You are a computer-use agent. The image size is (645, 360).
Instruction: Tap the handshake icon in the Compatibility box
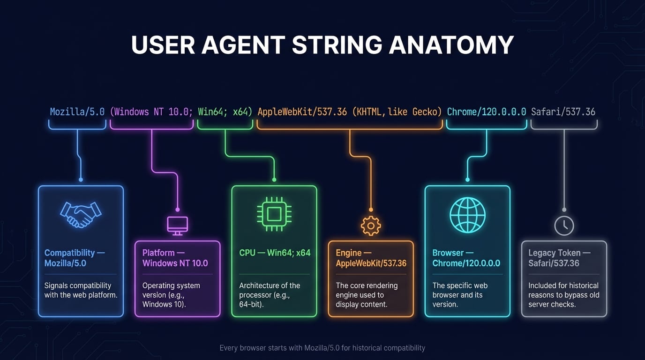(x=81, y=214)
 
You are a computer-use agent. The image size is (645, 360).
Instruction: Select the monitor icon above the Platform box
(x=178, y=225)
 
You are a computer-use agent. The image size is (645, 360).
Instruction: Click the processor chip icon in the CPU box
(x=274, y=214)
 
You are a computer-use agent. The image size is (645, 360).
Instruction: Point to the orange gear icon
(x=371, y=225)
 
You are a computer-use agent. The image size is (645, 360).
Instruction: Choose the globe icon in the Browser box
(x=467, y=215)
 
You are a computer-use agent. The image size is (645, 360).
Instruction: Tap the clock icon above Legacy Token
(x=564, y=226)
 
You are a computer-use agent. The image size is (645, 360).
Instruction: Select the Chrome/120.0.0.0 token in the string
(x=487, y=112)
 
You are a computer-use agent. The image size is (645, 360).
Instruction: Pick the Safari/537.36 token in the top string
(x=563, y=112)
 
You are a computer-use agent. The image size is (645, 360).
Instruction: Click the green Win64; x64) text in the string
(x=225, y=112)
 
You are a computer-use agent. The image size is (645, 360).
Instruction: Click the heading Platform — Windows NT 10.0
(x=175, y=258)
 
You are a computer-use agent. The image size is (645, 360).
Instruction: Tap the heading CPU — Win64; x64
(x=275, y=253)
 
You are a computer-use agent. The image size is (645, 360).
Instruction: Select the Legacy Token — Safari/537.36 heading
(x=559, y=258)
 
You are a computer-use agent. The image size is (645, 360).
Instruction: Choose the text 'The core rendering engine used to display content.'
(x=367, y=295)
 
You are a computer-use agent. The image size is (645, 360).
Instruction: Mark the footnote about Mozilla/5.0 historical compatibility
(x=322, y=348)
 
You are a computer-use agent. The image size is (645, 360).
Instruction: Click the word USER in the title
(x=162, y=45)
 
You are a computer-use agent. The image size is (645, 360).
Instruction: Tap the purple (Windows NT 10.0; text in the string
(x=151, y=112)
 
